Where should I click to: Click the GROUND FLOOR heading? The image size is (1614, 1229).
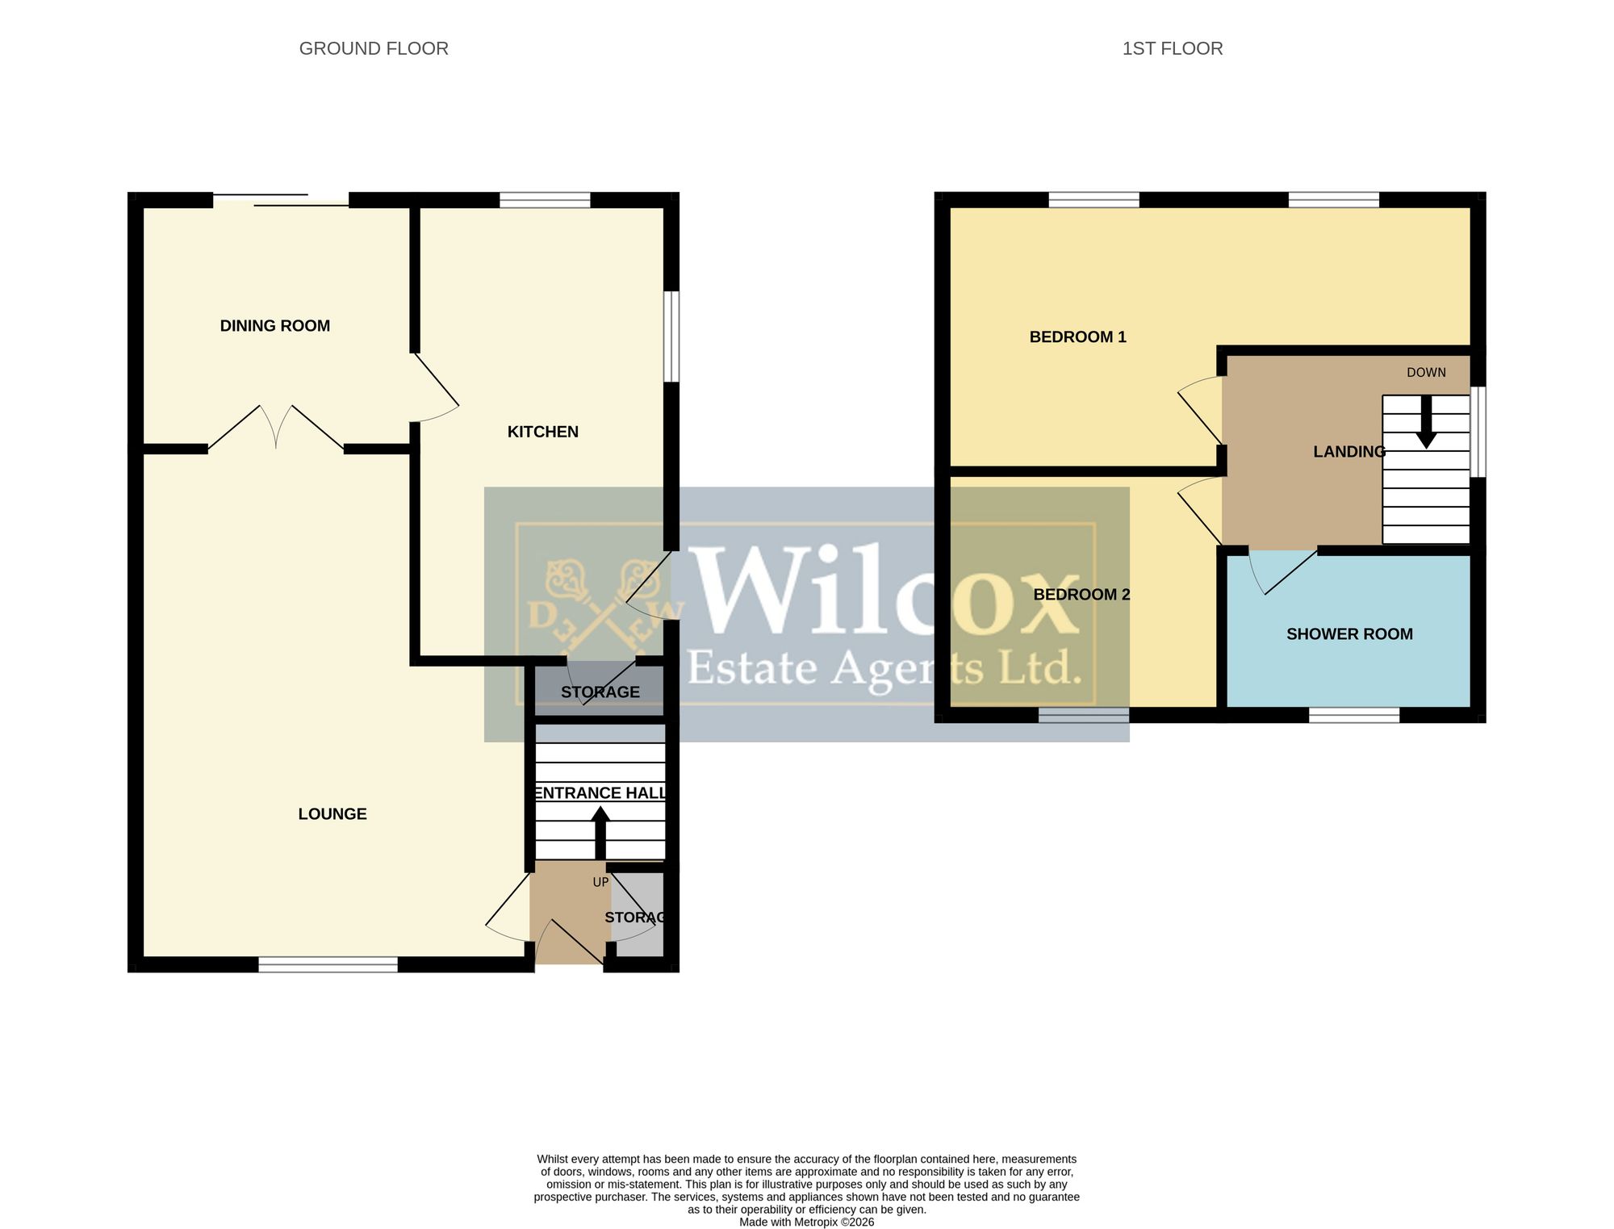tap(374, 48)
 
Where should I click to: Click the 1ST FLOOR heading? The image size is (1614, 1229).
tap(1173, 48)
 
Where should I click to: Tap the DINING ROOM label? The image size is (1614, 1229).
tap(275, 326)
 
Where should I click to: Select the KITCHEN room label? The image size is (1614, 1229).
tap(543, 432)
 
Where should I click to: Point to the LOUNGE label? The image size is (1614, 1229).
tap(332, 814)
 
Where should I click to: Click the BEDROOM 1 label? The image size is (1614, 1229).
tap(1078, 337)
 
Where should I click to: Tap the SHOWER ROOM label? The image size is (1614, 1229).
tap(1349, 634)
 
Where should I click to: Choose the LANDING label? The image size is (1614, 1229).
tap(1349, 452)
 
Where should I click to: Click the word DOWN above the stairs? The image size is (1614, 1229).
tap(1427, 373)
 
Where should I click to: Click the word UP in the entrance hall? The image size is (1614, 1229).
tap(600, 883)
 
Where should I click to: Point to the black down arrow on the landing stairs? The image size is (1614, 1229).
tap(1427, 422)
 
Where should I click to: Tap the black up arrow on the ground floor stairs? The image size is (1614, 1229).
tap(600, 834)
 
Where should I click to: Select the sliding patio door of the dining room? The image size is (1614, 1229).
tap(281, 200)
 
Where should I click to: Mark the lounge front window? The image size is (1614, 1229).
tap(328, 964)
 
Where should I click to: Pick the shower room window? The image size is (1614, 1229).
tap(1354, 715)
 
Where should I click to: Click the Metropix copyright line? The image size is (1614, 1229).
tap(807, 1223)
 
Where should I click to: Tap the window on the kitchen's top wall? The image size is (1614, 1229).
tap(546, 200)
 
